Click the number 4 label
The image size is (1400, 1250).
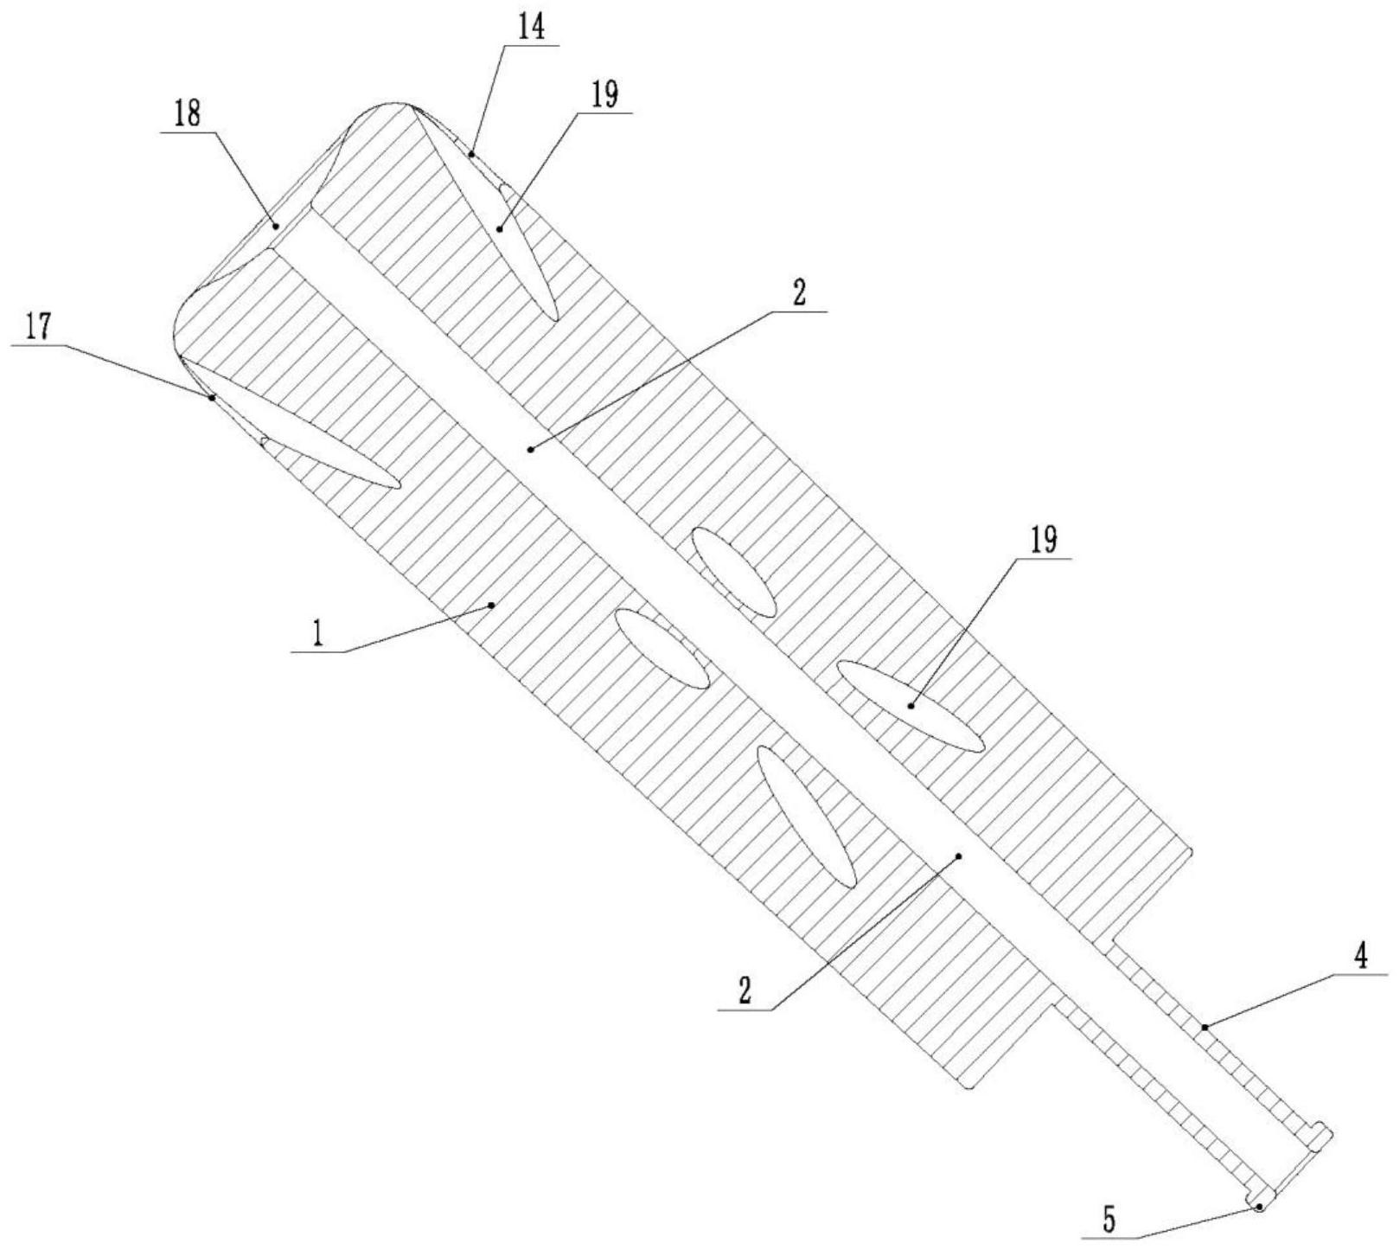[1361, 959]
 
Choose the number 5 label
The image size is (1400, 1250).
[1109, 1220]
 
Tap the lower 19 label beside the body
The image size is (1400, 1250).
[1043, 542]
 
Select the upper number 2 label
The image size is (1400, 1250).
[799, 294]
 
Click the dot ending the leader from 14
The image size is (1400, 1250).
[472, 154]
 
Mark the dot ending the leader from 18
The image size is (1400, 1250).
[276, 225]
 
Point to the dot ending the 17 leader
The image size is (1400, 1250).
[212, 398]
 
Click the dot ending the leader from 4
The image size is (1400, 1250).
[1204, 1027]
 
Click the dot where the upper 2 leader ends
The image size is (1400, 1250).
[530, 448]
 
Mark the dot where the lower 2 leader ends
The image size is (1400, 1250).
[958, 856]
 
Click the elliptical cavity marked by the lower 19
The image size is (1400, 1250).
[911, 705]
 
